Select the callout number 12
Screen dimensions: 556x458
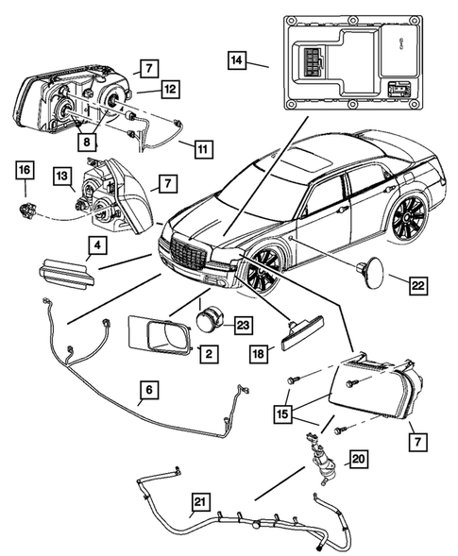point(169,89)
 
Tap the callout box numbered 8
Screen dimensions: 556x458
point(87,143)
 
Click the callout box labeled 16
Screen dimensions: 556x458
point(23,170)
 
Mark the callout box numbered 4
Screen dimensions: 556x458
point(98,247)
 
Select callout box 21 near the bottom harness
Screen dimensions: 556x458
point(200,501)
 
